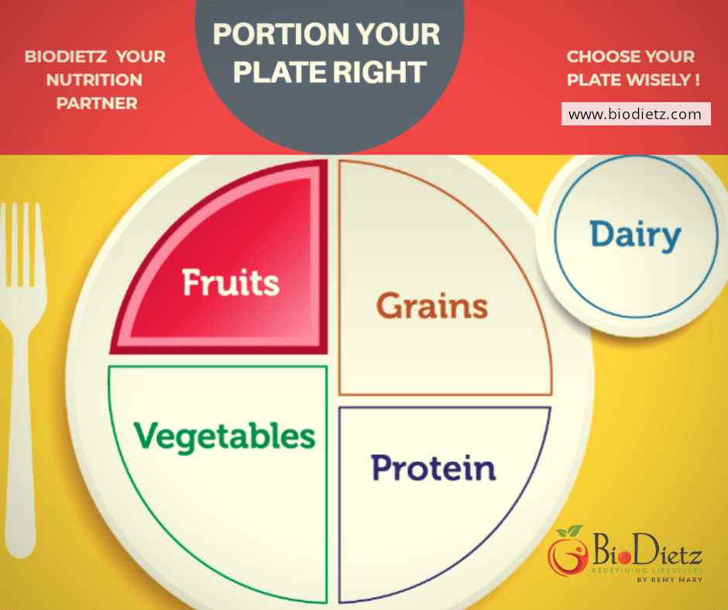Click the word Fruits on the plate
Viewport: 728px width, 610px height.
(x=230, y=283)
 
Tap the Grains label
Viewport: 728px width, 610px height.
(x=431, y=306)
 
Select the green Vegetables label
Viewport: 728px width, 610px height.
(x=225, y=436)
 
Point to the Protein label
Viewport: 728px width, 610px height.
(x=433, y=468)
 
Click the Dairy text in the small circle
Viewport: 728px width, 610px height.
(x=634, y=235)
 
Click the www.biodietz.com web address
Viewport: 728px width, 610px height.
(x=634, y=115)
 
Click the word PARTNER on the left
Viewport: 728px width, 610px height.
(x=96, y=103)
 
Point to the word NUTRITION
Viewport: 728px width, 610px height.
(x=96, y=80)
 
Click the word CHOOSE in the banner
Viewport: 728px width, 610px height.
(x=599, y=57)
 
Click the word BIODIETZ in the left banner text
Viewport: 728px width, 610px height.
(x=60, y=57)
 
